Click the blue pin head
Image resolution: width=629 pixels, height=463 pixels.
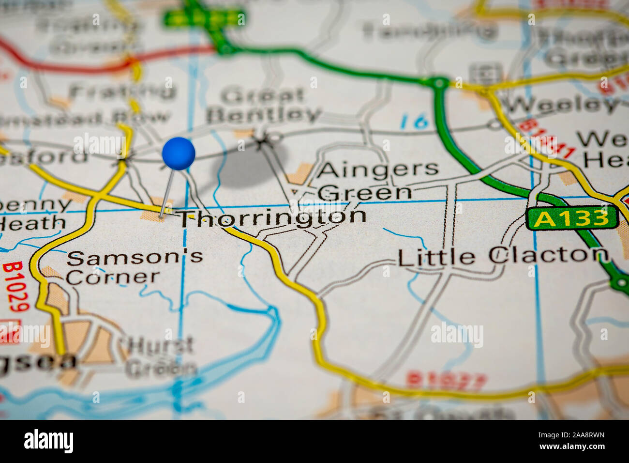click(x=179, y=154)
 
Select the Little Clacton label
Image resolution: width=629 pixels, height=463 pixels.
click(x=503, y=256)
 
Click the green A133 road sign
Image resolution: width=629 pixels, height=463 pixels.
click(x=572, y=218)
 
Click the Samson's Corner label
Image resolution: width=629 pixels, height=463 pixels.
click(x=134, y=266)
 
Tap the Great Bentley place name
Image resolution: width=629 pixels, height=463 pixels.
click(x=263, y=106)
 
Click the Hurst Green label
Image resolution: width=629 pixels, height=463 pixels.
click(x=161, y=357)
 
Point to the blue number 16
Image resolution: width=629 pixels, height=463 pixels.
click(x=414, y=122)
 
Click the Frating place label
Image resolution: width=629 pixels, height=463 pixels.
click(x=123, y=91)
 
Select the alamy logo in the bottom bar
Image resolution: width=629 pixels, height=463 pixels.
click(x=48, y=441)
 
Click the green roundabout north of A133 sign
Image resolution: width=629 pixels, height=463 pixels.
click(x=439, y=83)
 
